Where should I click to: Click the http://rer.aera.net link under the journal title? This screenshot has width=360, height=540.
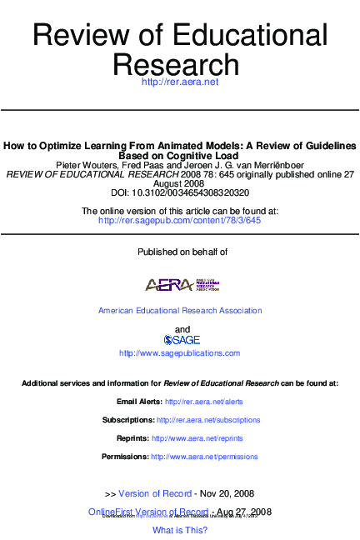pos(179,82)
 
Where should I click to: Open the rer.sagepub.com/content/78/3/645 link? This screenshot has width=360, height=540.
pos(179,221)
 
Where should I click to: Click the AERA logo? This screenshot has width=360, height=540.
pos(181,284)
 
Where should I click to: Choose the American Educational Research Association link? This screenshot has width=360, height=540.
pos(180,311)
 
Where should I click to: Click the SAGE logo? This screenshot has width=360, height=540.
pos(181,340)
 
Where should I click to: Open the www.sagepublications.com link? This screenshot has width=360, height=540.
pos(180,353)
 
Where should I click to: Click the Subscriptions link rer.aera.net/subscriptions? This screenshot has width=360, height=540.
pos(207,420)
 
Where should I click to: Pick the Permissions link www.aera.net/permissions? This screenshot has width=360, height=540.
pos(204,457)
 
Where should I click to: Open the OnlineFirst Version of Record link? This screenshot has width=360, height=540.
pos(147,511)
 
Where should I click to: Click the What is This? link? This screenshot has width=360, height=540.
pos(180,530)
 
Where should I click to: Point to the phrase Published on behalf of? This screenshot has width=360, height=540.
pos(181,252)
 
